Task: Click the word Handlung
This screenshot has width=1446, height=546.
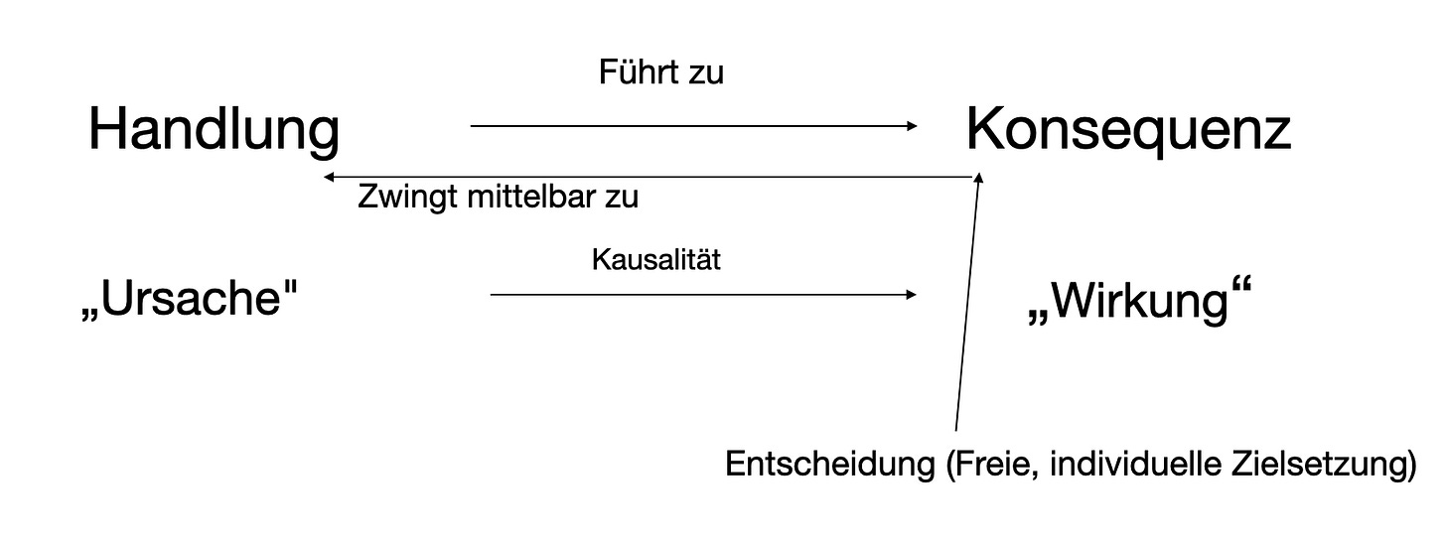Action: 214,131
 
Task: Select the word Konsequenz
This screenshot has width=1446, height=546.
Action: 1128,131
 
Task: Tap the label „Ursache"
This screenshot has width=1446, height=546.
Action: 190,298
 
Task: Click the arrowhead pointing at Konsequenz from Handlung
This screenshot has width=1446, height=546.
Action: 912,126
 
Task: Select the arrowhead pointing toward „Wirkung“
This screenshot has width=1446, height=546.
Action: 911,295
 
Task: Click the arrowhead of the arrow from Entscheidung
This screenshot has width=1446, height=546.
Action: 979,178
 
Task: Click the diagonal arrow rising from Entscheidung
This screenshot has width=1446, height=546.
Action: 967,308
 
